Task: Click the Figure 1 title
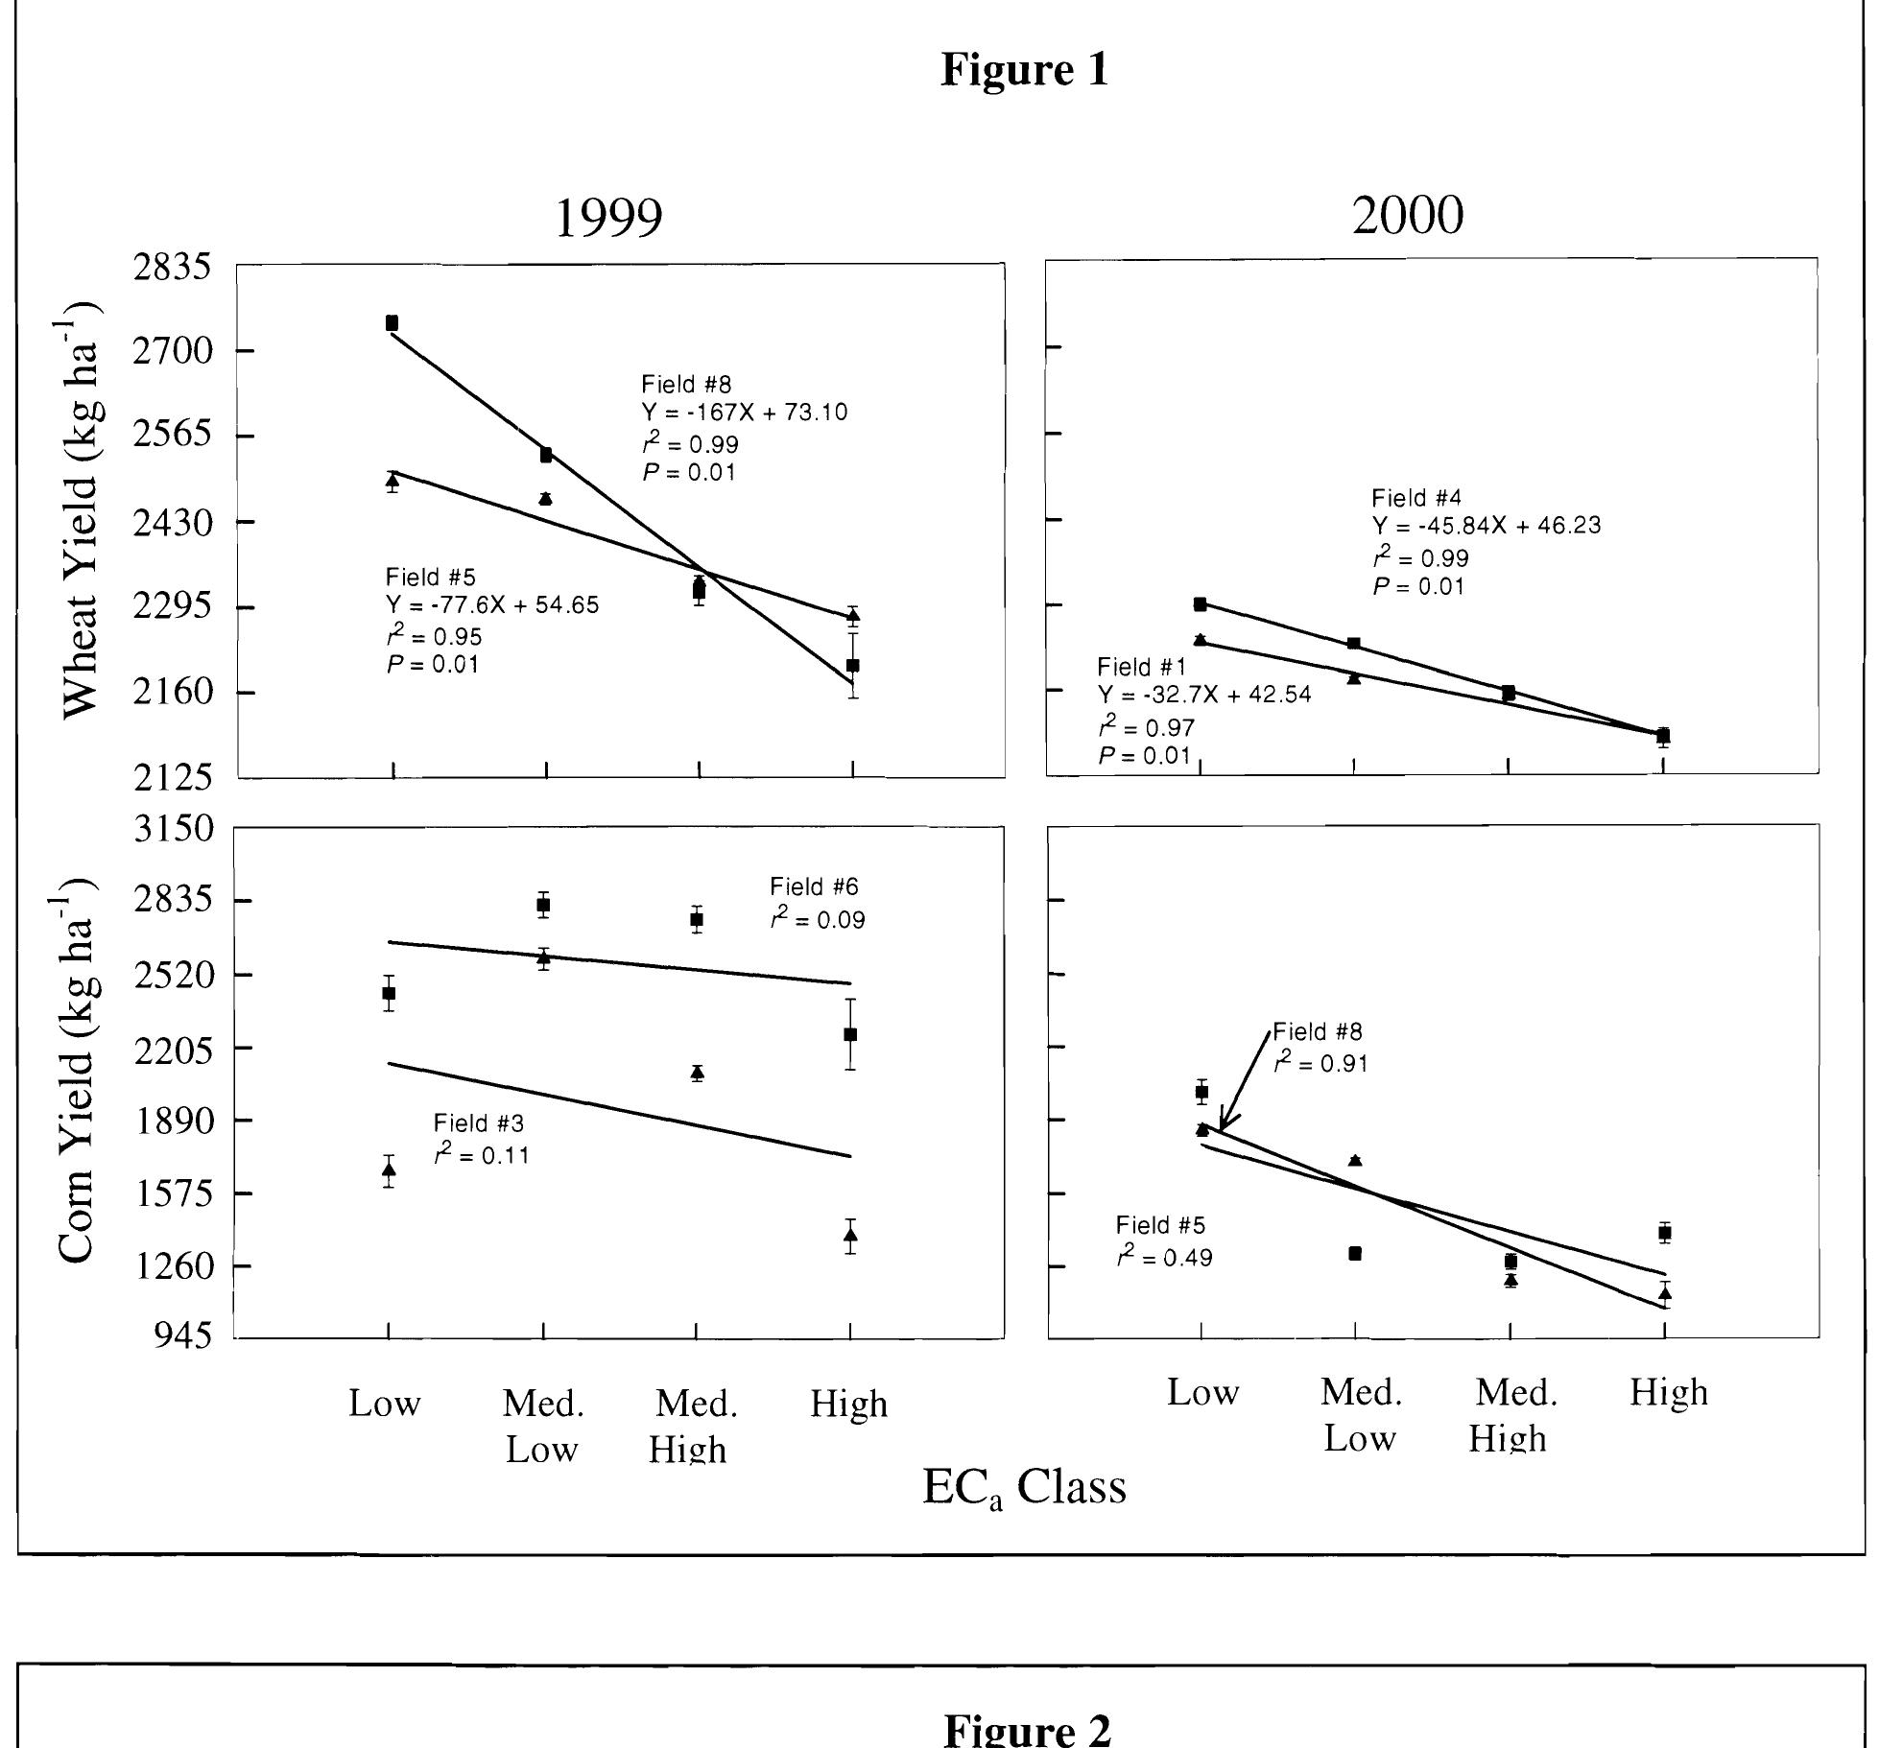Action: click(x=1024, y=70)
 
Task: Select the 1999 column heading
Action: click(x=609, y=219)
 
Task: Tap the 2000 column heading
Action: click(x=1408, y=216)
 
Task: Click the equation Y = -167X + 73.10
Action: click(x=745, y=413)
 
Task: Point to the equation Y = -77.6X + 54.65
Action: click(x=492, y=606)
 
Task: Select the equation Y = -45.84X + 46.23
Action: click(x=1487, y=527)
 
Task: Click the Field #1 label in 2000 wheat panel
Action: click(x=1142, y=667)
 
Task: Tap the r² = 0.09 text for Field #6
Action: click(x=818, y=919)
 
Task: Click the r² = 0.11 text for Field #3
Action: click(x=482, y=1154)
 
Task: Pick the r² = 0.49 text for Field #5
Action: click(x=1164, y=1257)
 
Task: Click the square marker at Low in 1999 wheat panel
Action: click(x=392, y=323)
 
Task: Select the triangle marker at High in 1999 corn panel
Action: click(x=850, y=1235)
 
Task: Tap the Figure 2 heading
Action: click(x=1028, y=1729)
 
